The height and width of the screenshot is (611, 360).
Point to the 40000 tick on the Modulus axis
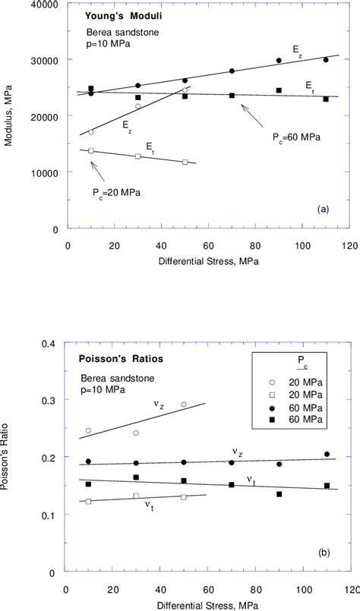click(45, 5)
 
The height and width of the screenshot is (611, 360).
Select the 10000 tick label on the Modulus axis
click(45, 173)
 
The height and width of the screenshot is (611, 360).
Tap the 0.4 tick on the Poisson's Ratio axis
click(51, 344)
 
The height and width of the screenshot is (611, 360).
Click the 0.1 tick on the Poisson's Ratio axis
click(51, 516)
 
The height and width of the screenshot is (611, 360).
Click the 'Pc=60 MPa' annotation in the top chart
click(295, 137)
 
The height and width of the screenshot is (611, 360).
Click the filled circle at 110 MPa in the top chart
click(326, 60)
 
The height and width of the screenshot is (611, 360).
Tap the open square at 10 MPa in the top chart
click(91, 150)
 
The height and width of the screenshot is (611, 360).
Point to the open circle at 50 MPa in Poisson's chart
click(184, 405)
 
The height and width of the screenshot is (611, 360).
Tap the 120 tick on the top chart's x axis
click(349, 245)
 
